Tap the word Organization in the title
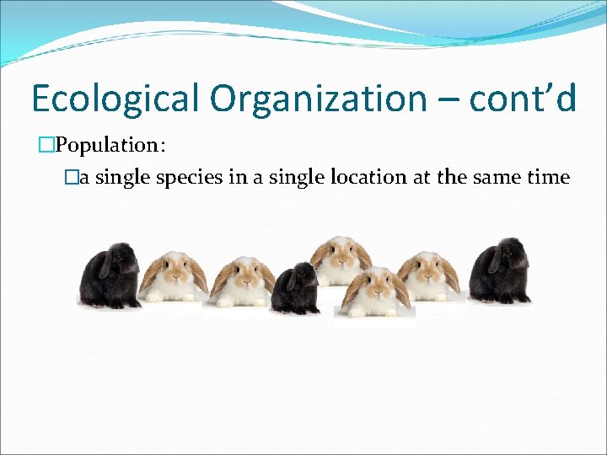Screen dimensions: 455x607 coord(320,99)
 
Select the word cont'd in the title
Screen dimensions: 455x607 coord(523,99)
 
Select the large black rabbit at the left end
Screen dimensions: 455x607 coord(110,276)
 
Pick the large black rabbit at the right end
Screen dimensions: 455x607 coord(500,271)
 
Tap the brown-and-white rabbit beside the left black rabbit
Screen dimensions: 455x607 coord(174,276)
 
